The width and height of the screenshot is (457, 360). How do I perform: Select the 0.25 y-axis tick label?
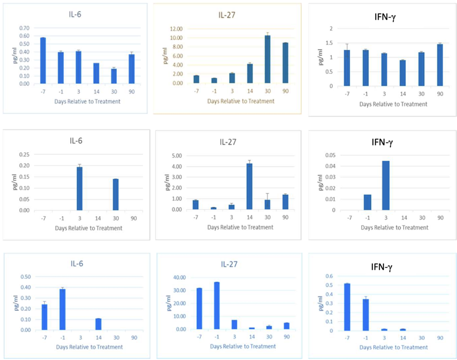click(x=24, y=155)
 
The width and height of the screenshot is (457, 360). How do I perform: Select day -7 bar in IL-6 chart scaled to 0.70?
click(x=43, y=60)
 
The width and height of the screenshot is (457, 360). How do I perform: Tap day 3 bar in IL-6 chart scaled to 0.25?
click(x=79, y=188)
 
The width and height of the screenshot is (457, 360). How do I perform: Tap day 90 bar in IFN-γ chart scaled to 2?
click(x=440, y=65)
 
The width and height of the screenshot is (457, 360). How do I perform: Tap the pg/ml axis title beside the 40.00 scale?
click(x=169, y=302)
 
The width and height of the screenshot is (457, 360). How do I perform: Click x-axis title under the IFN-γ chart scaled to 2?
click(x=394, y=104)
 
